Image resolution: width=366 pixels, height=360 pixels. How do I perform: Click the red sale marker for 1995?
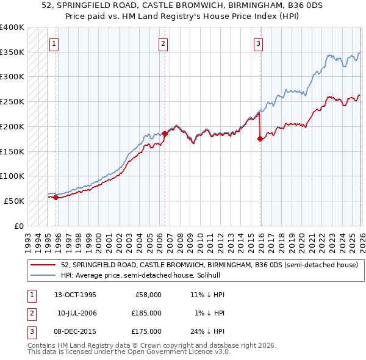click(x=56, y=197)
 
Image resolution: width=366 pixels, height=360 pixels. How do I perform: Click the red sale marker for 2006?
click(x=164, y=133)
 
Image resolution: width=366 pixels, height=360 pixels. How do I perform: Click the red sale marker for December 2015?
click(x=260, y=139)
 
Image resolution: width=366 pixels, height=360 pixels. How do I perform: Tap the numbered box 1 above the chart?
click(x=54, y=43)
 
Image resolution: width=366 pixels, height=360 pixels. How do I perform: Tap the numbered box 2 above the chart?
click(x=163, y=43)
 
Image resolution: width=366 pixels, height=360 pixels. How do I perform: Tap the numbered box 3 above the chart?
click(x=259, y=43)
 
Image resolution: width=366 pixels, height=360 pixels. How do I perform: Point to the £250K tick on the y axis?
click(x=12, y=101)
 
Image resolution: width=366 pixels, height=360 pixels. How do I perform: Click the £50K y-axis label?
click(x=15, y=201)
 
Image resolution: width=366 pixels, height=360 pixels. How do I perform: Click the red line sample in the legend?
click(x=43, y=265)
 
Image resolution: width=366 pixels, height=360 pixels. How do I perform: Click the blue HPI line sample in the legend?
click(x=43, y=275)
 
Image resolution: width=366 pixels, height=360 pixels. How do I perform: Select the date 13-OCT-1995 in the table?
click(x=75, y=295)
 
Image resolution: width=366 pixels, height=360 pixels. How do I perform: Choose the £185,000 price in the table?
click(x=147, y=313)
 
